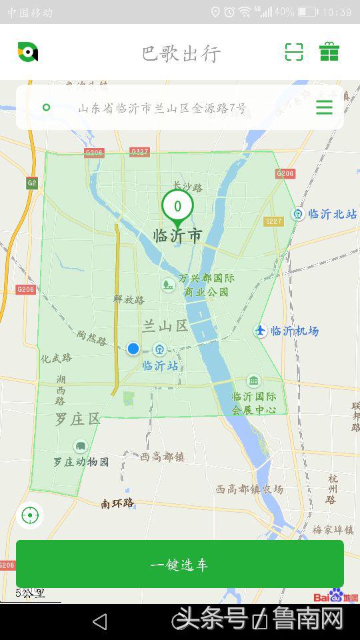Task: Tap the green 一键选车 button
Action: [180, 564]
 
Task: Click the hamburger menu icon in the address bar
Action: [324, 107]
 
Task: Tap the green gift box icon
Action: [329, 52]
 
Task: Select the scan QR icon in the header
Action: [294, 52]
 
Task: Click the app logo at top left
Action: [27, 52]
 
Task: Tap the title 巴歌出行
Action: [181, 53]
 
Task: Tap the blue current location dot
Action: [133, 349]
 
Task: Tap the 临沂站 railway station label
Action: [160, 365]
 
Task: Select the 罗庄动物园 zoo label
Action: [81, 461]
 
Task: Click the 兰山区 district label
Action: [165, 326]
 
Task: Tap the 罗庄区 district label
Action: [77, 419]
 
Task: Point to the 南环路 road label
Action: [117, 503]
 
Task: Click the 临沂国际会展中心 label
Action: [254, 403]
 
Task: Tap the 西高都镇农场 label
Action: [249, 489]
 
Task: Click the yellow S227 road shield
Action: [273, 221]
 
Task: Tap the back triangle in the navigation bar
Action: [99, 621]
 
